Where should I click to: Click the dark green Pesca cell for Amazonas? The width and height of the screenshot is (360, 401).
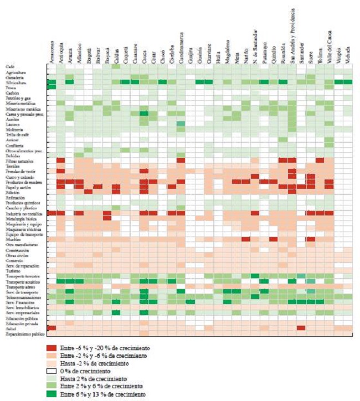[52, 87]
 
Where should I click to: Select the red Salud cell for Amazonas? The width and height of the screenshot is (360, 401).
[52, 328]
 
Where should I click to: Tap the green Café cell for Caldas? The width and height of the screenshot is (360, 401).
[116, 66]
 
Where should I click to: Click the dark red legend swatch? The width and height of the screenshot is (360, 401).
[51, 348]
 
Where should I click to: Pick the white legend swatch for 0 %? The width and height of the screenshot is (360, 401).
[51, 370]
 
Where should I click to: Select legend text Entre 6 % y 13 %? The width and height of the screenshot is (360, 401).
[103, 394]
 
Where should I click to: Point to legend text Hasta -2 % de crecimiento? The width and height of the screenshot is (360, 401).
[97, 363]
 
